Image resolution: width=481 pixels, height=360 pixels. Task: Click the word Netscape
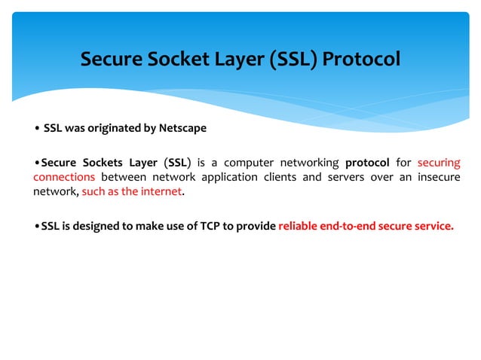(182, 128)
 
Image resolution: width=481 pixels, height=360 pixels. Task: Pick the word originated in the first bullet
(111, 128)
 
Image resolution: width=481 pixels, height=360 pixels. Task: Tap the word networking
(309, 163)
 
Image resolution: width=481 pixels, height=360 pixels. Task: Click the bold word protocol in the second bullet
(367, 163)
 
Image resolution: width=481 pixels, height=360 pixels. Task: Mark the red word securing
(438, 163)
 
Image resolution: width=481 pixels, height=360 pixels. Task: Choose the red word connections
(64, 177)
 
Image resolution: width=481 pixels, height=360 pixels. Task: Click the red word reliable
(298, 225)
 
